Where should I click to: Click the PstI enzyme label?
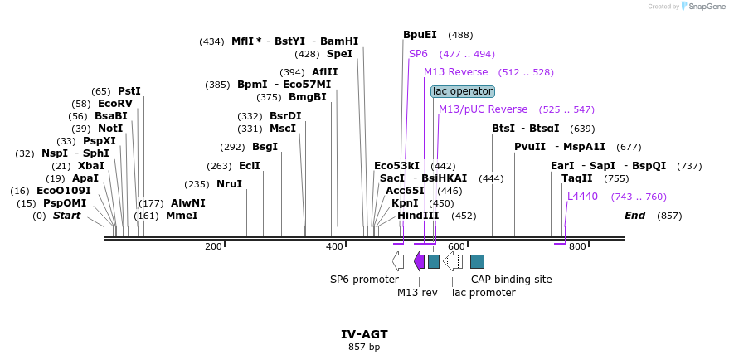[129, 91]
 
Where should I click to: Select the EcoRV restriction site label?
[114, 104]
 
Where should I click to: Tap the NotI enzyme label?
[109, 129]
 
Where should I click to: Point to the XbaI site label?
[91, 166]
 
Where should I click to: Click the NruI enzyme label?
[229, 184]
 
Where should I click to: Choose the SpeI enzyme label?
[339, 54]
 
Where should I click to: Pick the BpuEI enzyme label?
[420, 35]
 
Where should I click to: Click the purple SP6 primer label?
[418, 54]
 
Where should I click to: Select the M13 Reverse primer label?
[455, 72]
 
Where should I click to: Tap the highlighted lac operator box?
[463, 91]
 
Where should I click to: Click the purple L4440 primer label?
[582, 197]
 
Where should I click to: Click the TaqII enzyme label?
[577, 178]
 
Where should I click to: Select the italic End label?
[634, 216]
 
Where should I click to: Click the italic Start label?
[67, 216]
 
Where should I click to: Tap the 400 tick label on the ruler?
[334, 246]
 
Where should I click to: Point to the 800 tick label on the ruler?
[577, 246]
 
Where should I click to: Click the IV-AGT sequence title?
[364, 334]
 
